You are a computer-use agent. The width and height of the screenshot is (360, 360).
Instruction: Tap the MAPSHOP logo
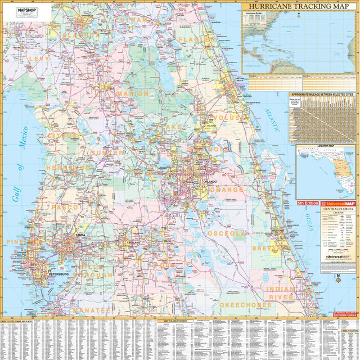(27, 10)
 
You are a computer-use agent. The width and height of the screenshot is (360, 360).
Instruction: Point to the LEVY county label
(39, 58)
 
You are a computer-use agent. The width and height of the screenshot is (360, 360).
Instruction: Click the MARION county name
(133, 94)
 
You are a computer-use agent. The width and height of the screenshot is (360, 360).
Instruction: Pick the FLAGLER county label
(197, 40)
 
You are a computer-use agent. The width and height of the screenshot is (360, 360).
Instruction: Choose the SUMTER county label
(107, 152)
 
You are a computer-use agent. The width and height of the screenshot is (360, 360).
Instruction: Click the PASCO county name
(65, 208)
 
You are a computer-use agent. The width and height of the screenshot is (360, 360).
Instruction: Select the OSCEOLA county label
(227, 233)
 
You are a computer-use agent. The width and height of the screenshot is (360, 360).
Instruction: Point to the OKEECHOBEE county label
(245, 305)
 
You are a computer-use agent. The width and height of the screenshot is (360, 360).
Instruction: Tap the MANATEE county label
(91, 310)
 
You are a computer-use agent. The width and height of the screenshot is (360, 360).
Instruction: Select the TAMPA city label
(80, 235)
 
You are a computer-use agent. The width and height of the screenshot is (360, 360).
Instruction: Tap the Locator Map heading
(326, 146)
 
